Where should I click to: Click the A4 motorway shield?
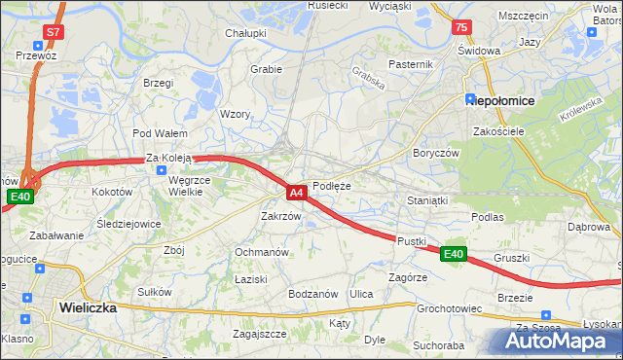tap(298, 193)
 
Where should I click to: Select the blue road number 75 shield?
tap(461, 27)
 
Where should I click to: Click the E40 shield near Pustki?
tap(453, 254)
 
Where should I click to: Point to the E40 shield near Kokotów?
tap(19, 197)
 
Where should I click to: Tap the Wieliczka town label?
tap(88, 306)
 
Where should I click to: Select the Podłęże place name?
tap(331, 185)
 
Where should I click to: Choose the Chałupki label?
tap(246, 33)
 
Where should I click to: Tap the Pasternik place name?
tap(410, 64)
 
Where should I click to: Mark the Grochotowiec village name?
tap(450, 308)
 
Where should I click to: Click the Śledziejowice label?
tap(128, 223)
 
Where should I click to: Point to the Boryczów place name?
tap(435, 153)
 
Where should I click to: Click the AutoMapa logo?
tap(557, 341)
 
